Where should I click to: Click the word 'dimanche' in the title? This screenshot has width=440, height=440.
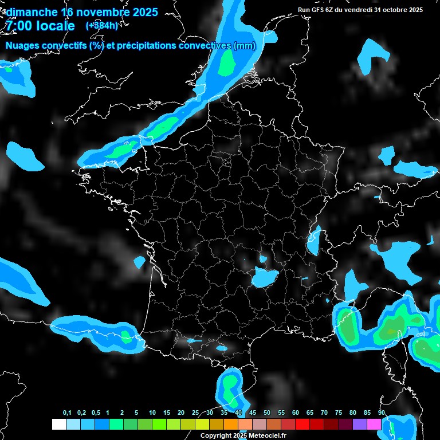32,12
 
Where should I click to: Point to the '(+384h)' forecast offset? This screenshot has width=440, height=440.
102,25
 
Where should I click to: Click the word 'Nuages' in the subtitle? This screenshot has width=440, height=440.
23,46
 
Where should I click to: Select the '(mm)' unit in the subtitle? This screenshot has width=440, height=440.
244,46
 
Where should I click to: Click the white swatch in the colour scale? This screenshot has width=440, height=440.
58,424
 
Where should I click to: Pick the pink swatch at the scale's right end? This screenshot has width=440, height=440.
374,424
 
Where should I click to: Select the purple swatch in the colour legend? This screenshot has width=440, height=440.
360,424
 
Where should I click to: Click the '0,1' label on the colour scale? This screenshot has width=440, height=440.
67,413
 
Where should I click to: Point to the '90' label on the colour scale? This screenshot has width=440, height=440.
382,413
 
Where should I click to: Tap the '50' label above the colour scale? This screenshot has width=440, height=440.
267,413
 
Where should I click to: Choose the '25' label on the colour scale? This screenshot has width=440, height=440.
195,413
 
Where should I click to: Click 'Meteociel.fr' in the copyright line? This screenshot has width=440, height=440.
268,436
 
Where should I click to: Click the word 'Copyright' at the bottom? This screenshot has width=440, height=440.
215,436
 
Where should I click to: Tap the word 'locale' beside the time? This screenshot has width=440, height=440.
54,26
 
